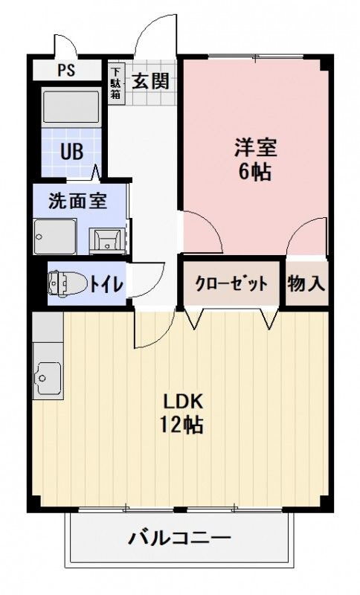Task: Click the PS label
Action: point(65,72)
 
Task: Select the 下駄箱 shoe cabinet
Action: point(116,83)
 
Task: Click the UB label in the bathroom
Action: point(71,151)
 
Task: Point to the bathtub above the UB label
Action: point(71,108)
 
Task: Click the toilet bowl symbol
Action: point(65,283)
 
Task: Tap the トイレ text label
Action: point(107,283)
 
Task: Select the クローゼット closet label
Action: point(231,283)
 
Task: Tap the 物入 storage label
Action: point(306,283)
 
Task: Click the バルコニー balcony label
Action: point(179,538)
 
